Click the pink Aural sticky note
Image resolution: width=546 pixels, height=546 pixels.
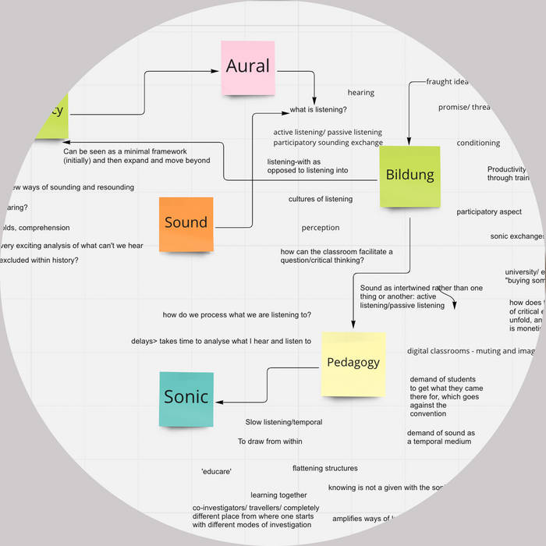[x=248, y=67]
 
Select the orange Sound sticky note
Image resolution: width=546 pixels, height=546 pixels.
[x=186, y=223]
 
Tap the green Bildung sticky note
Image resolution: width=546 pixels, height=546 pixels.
[x=409, y=175]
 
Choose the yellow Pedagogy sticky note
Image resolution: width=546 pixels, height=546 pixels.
[x=353, y=363]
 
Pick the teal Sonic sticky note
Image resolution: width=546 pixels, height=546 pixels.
[x=186, y=398]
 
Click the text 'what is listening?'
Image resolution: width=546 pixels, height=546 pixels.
[x=318, y=110]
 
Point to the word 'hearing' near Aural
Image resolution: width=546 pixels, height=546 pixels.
[x=360, y=93]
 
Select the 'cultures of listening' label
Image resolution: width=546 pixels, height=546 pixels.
[x=320, y=199]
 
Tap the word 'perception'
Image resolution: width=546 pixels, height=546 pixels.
[x=321, y=228]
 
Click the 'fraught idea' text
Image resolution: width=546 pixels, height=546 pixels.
[x=447, y=82]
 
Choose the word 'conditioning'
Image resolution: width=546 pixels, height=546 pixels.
[x=478, y=143]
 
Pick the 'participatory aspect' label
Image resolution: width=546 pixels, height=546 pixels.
[x=489, y=211]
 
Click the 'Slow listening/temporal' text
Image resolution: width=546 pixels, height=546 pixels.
[x=284, y=422]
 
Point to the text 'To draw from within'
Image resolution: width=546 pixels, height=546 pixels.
[x=270, y=441]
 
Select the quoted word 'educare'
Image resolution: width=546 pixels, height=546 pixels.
[x=216, y=471]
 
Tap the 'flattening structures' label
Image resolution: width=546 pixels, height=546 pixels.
[x=324, y=468]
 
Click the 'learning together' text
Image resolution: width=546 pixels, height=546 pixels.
[x=278, y=495]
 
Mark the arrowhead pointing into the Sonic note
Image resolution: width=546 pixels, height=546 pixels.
[x=218, y=402]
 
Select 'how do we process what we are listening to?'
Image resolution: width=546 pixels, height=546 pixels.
[x=237, y=314]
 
